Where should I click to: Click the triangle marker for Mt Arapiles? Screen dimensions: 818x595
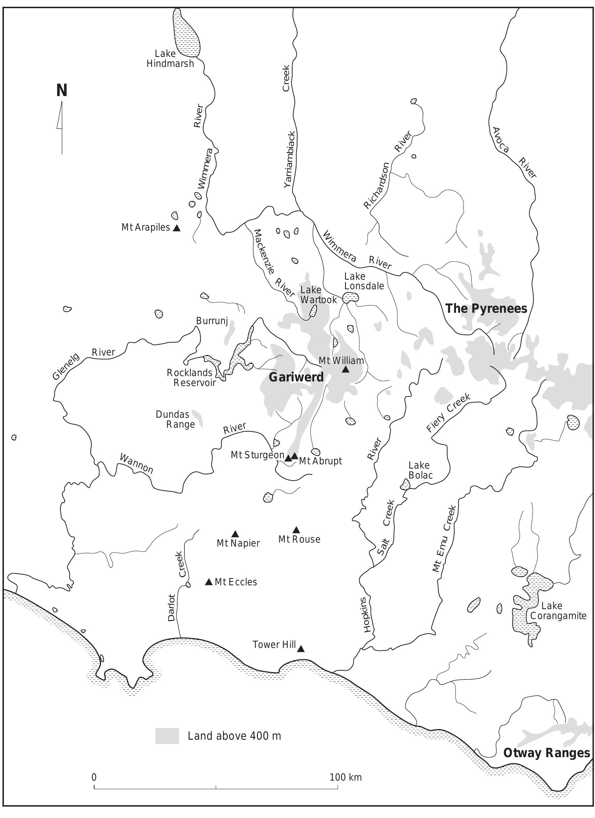pyautogui.click(x=177, y=228)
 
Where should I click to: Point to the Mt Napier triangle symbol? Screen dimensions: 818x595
pyautogui.click(x=235, y=534)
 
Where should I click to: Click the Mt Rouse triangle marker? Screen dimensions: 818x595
pyautogui.click(x=296, y=530)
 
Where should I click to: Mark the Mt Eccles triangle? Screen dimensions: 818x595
pyautogui.click(x=209, y=582)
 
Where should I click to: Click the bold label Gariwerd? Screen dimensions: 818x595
pyautogui.click(x=296, y=377)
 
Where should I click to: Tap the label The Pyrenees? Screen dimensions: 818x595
pyautogui.click(x=486, y=309)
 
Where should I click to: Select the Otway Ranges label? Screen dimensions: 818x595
pyautogui.click(x=546, y=753)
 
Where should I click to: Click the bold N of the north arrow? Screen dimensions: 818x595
pyautogui.click(x=61, y=90)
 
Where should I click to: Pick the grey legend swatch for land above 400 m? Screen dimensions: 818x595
pyautogui.click(x=167, y=736)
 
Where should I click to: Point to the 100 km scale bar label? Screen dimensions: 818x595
pyautogui.click(x=345, y=777)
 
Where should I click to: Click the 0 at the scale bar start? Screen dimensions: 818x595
pyautogui.click(x=94, y=777)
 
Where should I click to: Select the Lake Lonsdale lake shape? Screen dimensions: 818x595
pyautogui.click(x=351, y=298)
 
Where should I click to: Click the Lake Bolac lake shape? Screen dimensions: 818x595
pyautogui.click(x=406, y=484)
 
